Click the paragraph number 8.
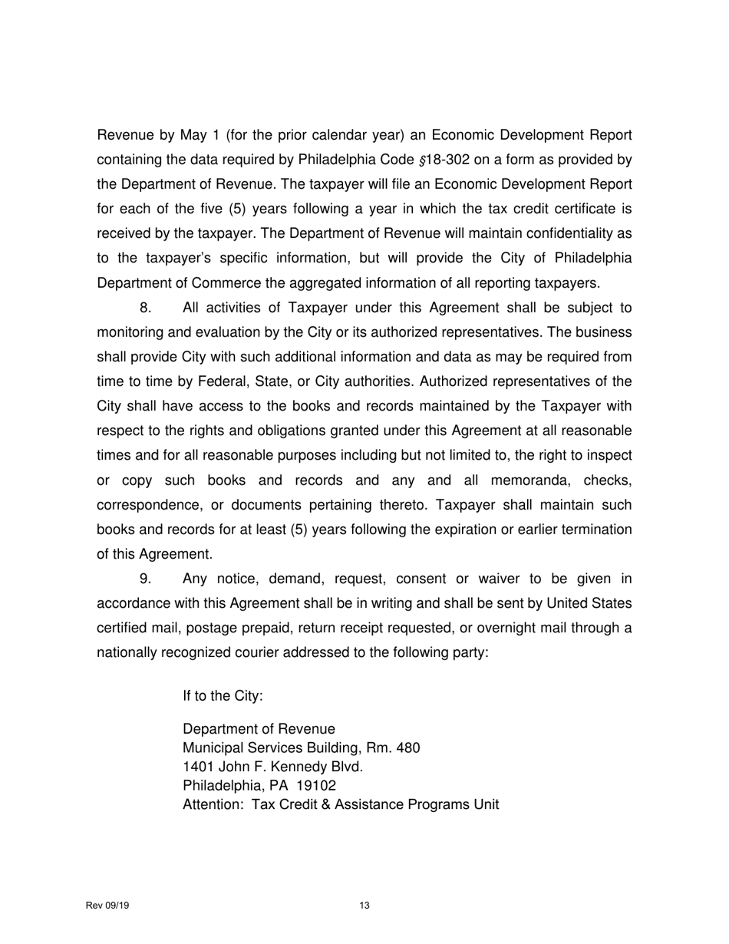[x=146, y=309]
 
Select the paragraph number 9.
[x=146, y=579]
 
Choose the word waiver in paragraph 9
[x=488, y=579]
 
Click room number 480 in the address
[x=407, y=748]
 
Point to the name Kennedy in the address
[x=294, y=767]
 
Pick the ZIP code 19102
[x=316, y=786]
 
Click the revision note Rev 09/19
[x=107, y=906]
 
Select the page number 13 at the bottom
[x=364, y=906]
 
